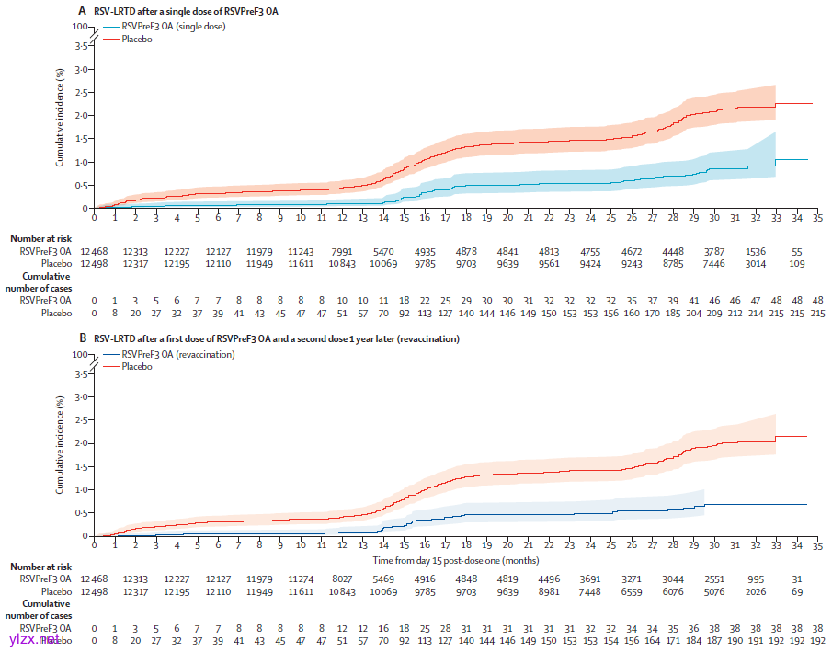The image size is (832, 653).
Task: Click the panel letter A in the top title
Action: tap(83, 11)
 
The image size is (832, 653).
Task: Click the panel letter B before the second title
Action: tap(83, 339)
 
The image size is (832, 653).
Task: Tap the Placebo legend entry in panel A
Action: tap(137, 39)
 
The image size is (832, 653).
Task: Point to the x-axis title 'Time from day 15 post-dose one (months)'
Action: tap(454, 560)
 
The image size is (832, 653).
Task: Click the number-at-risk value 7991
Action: tap(342, 251)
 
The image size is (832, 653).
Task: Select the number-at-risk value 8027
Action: tap(342, 579)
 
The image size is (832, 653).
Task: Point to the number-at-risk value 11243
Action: tap(301, 251)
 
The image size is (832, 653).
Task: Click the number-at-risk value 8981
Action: tap(549, 592)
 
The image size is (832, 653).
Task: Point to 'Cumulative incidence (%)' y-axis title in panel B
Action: tap(60, 445)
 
